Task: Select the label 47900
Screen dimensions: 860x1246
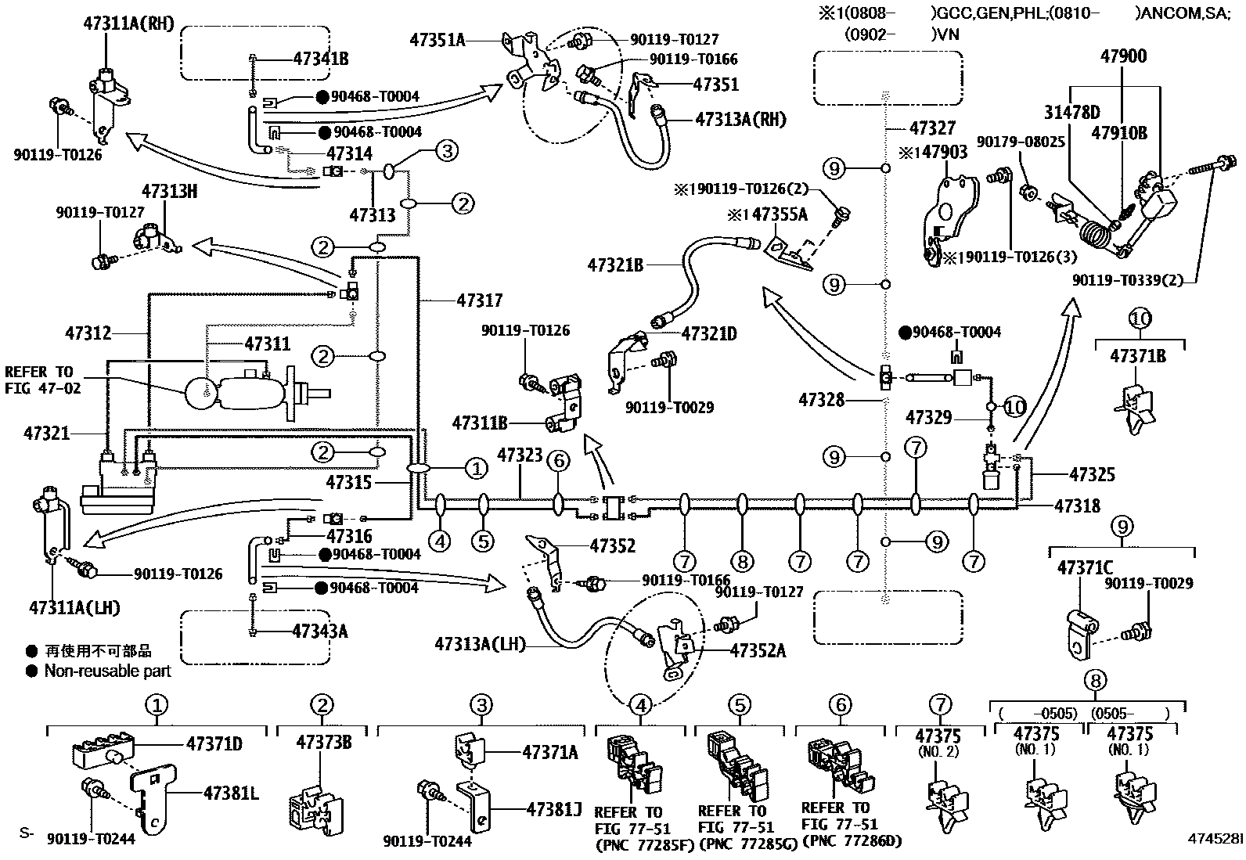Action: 1123,56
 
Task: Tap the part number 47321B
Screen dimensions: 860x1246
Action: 615,266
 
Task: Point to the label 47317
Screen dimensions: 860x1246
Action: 480,300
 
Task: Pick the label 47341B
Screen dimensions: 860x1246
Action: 321,58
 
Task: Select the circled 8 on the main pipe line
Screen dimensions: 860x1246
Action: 741,560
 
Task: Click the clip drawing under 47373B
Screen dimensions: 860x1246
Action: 317,802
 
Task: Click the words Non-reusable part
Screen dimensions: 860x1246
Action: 107,671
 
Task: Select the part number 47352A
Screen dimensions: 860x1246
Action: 758,649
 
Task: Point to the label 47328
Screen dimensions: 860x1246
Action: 822,400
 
